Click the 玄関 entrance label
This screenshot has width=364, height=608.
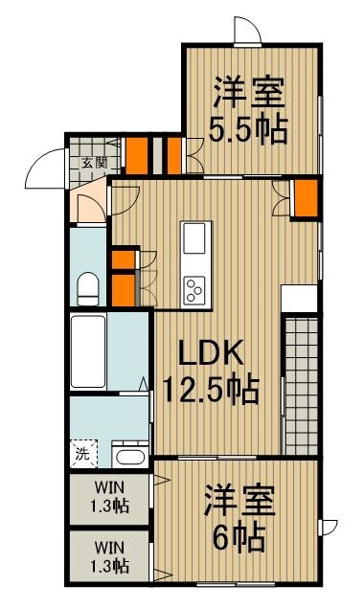click(x=94, y=163)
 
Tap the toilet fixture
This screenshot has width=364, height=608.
click(x=88, y=289)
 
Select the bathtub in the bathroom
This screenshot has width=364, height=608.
click(x=88, y=351)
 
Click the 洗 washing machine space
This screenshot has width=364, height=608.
click(x=83, y=454)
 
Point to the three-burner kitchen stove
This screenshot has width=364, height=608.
click(x=194, y=290)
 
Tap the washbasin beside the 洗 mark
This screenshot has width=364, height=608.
click(x=130, y=455)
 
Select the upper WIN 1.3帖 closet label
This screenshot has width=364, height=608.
click(x=109, y=496)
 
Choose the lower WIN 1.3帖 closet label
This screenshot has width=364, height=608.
click(x=109, y=557)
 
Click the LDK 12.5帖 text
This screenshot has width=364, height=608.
click(x=211, y=372)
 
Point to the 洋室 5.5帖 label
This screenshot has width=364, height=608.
click(x=248, y=111)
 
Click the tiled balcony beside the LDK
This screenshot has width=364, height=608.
click(x=302, y=386)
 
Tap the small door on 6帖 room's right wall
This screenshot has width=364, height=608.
click(x=329, y=527)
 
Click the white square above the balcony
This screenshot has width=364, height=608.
click(x=299, y=298)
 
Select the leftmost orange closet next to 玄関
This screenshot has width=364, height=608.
click(x=137, y=156)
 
